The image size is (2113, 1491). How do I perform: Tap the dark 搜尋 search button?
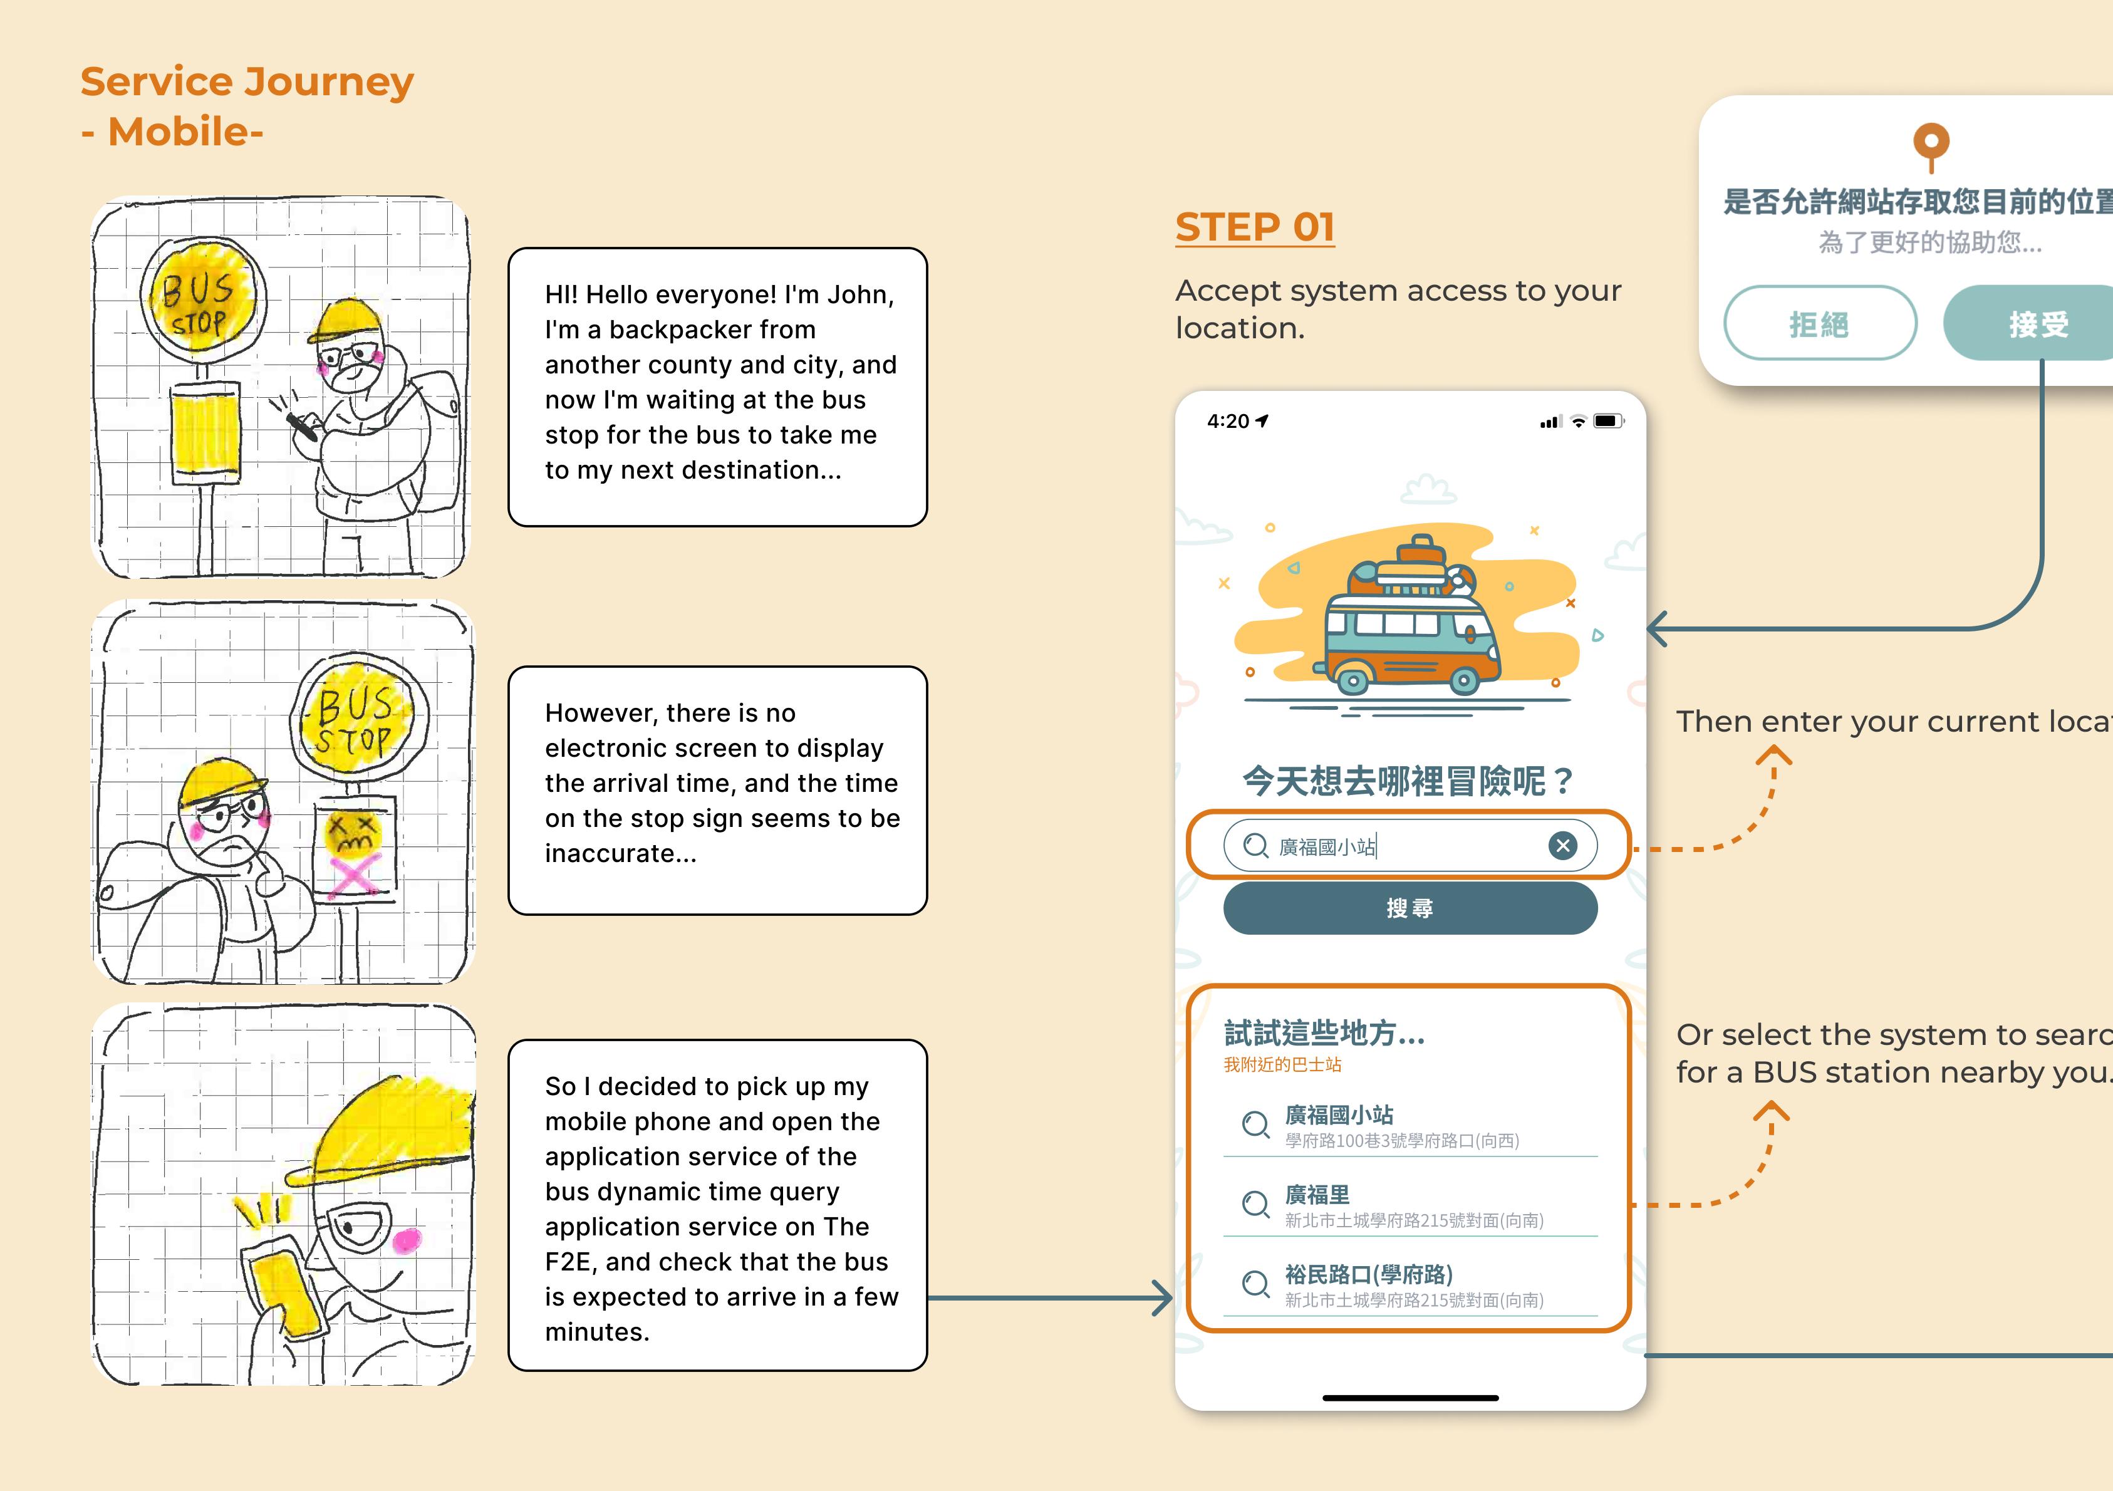coord(1410,908)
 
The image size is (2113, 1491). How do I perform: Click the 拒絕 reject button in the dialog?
coord(1819,323)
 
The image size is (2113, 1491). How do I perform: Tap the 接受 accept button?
coord(2038,323)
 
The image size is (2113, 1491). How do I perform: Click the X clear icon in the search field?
coord(1562,845)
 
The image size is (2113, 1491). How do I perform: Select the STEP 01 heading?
coord(1254,227)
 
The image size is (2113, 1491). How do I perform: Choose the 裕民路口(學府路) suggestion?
coord(1369,1275)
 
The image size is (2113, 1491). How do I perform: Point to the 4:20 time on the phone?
coord(1228,422)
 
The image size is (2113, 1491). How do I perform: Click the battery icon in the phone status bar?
coord(1607,422)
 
